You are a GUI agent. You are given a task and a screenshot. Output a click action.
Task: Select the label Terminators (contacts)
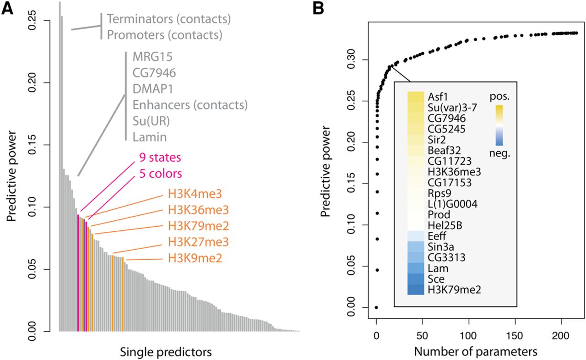[x=168, y=20]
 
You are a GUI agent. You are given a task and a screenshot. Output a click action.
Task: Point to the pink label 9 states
[x=160, y=158]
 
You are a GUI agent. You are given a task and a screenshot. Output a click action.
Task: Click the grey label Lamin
[x=150, y=136]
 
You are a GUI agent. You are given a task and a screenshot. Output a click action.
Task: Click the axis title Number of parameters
[x=475, y=352]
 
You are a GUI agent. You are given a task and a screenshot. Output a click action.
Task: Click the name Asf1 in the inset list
[x=438, y=97]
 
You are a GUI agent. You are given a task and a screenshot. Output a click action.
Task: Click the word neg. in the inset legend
[x=499, y=153]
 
